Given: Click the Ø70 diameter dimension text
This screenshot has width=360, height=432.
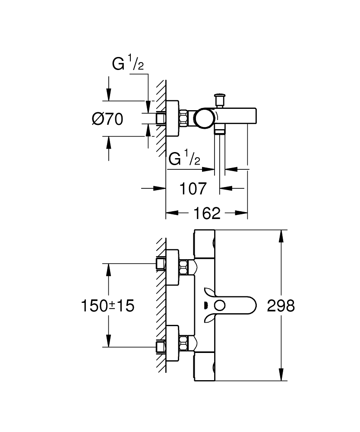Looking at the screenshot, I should [x=107, y=118].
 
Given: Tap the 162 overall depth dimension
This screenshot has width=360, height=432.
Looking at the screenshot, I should [x=207, y=213].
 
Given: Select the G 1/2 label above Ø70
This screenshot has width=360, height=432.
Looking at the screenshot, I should [x=128, y=65].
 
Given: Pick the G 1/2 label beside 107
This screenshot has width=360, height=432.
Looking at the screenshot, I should [x=184, y=159].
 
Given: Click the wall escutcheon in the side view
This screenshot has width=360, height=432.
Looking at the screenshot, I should [x=173, y=118].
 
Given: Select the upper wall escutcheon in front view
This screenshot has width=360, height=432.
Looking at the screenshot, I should [x=173, y=268].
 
